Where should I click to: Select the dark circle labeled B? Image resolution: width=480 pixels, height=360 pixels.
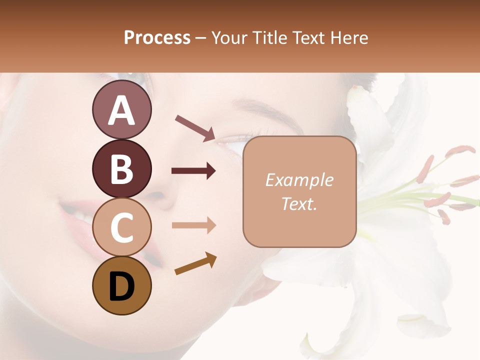(121, 169)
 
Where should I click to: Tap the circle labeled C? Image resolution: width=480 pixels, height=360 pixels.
(121, 227)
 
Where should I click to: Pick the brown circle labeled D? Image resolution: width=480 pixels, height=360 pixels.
(121, 285)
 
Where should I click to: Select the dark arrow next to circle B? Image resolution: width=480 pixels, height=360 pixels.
(193, 171)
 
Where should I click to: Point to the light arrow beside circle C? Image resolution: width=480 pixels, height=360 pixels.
(193, 225)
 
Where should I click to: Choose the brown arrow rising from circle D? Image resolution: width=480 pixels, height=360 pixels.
(195, 263)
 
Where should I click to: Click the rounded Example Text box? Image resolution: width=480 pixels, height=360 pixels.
(299, 192)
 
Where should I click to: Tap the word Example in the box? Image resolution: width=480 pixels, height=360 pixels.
(299, 180)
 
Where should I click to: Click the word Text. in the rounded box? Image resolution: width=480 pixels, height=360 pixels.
(299, 204)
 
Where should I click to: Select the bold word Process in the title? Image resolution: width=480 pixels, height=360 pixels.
(157, 37)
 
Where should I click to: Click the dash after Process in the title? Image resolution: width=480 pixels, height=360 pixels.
(200, 38)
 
